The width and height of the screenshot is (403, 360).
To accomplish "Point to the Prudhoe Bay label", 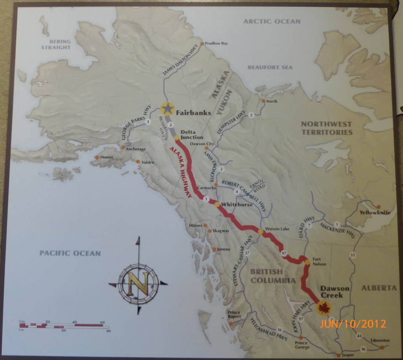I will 216,43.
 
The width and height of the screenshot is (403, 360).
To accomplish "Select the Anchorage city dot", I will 123,147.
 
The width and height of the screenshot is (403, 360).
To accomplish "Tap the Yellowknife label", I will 375,213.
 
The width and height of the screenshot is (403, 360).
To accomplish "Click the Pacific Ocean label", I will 70,253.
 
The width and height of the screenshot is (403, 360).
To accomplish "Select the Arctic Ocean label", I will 272,21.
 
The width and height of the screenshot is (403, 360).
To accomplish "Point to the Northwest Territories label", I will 325,128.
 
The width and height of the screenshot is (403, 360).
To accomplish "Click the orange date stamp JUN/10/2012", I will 353,324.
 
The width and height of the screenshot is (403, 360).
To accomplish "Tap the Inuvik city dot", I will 263,101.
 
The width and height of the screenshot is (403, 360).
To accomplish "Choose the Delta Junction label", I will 192,134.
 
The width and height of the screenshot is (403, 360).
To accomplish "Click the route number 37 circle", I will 247,253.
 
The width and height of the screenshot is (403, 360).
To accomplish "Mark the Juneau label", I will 224,249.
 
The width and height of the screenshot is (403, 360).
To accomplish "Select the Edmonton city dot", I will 382,347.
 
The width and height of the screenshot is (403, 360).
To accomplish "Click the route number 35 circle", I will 353,255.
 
